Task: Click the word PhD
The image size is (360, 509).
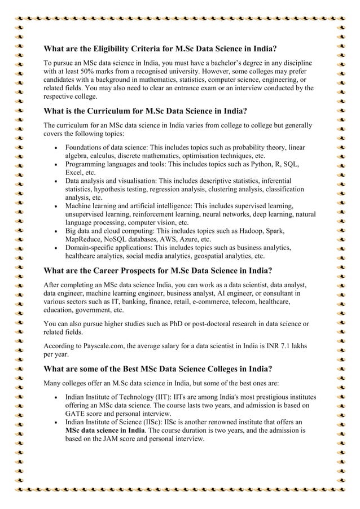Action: pyautogui.click(x=184, y=323)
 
